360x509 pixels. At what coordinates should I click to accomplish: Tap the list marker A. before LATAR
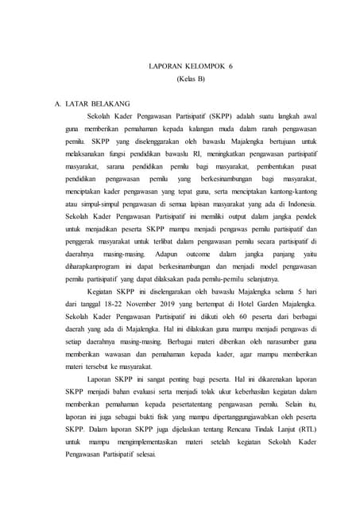(x=58, y=103)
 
